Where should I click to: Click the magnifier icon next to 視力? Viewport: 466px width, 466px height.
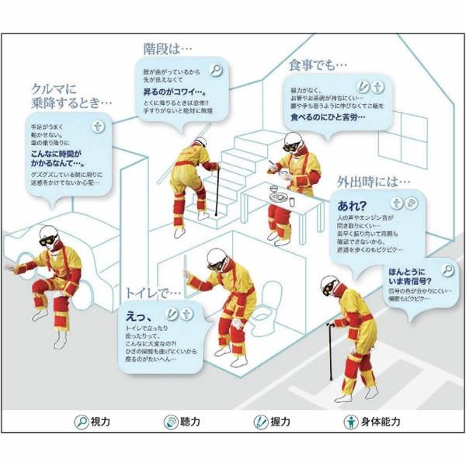tap(80, 422)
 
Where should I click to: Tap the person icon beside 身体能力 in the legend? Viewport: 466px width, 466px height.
tap(349, 422)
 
